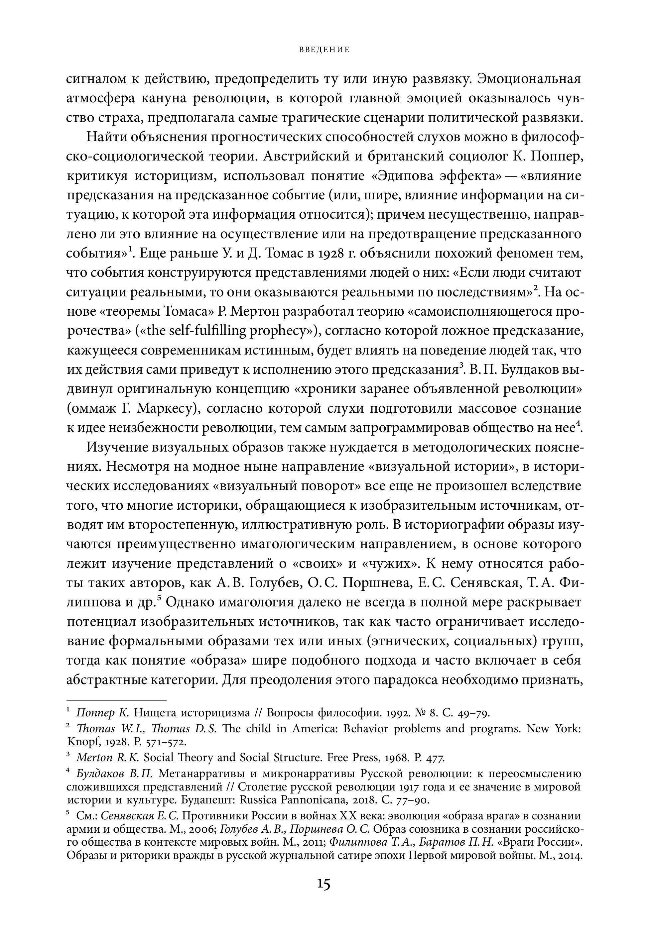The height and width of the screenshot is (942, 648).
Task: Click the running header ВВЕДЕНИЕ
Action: pos(324,50)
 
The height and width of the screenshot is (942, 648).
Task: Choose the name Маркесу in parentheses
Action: pos(166,408)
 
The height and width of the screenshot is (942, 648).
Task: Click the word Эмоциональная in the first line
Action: pos(529,79)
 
